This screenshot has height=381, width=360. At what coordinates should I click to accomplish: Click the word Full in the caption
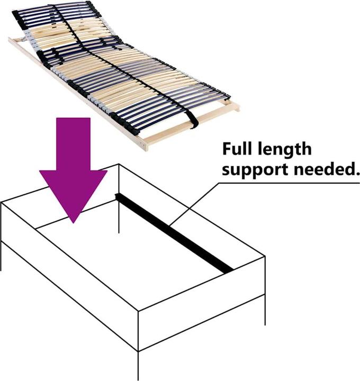(x=238, y=149)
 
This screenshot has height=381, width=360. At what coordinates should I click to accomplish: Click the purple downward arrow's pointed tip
(x=74, y=223)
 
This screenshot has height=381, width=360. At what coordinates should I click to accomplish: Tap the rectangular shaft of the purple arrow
(x=74, y=144)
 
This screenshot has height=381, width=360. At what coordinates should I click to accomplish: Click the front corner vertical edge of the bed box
(x=138, y=331)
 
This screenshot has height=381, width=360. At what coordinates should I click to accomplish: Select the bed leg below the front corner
(x=138, y=366)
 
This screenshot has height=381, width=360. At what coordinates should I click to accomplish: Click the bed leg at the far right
(x=265, y=310)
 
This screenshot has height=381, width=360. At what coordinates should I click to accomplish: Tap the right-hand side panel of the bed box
(x=202, y=304)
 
